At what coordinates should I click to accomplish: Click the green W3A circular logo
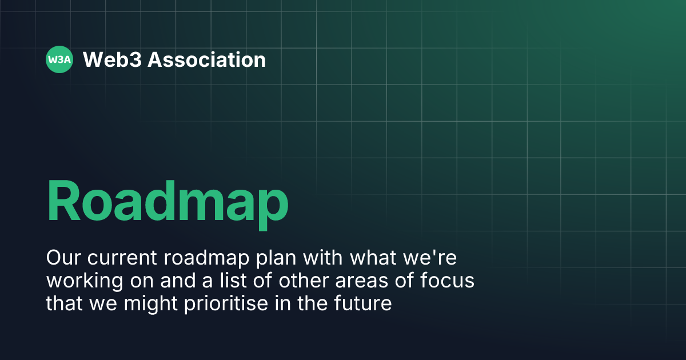[59, 59]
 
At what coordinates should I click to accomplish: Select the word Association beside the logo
[207, 59]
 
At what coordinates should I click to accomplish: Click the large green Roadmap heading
[167, 201]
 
